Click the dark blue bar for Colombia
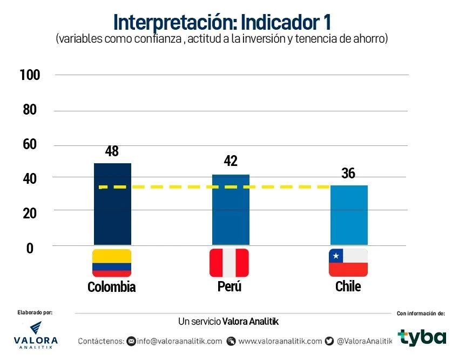(x=112, y=204)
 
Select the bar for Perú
(x=231, y=210)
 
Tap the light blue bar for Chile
(x=349, y=215)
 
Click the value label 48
(x=112, y=151)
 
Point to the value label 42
(x=231, y=161)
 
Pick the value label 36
(x=348, y=174)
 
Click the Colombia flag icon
(x=112, y=263)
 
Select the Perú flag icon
(x=229, y=263)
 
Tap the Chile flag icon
(x=348, y=263)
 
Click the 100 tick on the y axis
(x=30, y=75)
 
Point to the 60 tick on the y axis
(x=29, y=144)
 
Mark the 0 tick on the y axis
(x=30, y=248)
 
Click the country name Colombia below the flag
(x=111, y=287)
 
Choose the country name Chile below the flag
(x=348, y=286)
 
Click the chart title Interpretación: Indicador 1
(x=222, y=23)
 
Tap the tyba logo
(x=422, y=337)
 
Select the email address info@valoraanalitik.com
(x=179, y=341)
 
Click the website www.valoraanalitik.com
(x=280, y=341)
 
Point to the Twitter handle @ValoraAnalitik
(x=364, y=341)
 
